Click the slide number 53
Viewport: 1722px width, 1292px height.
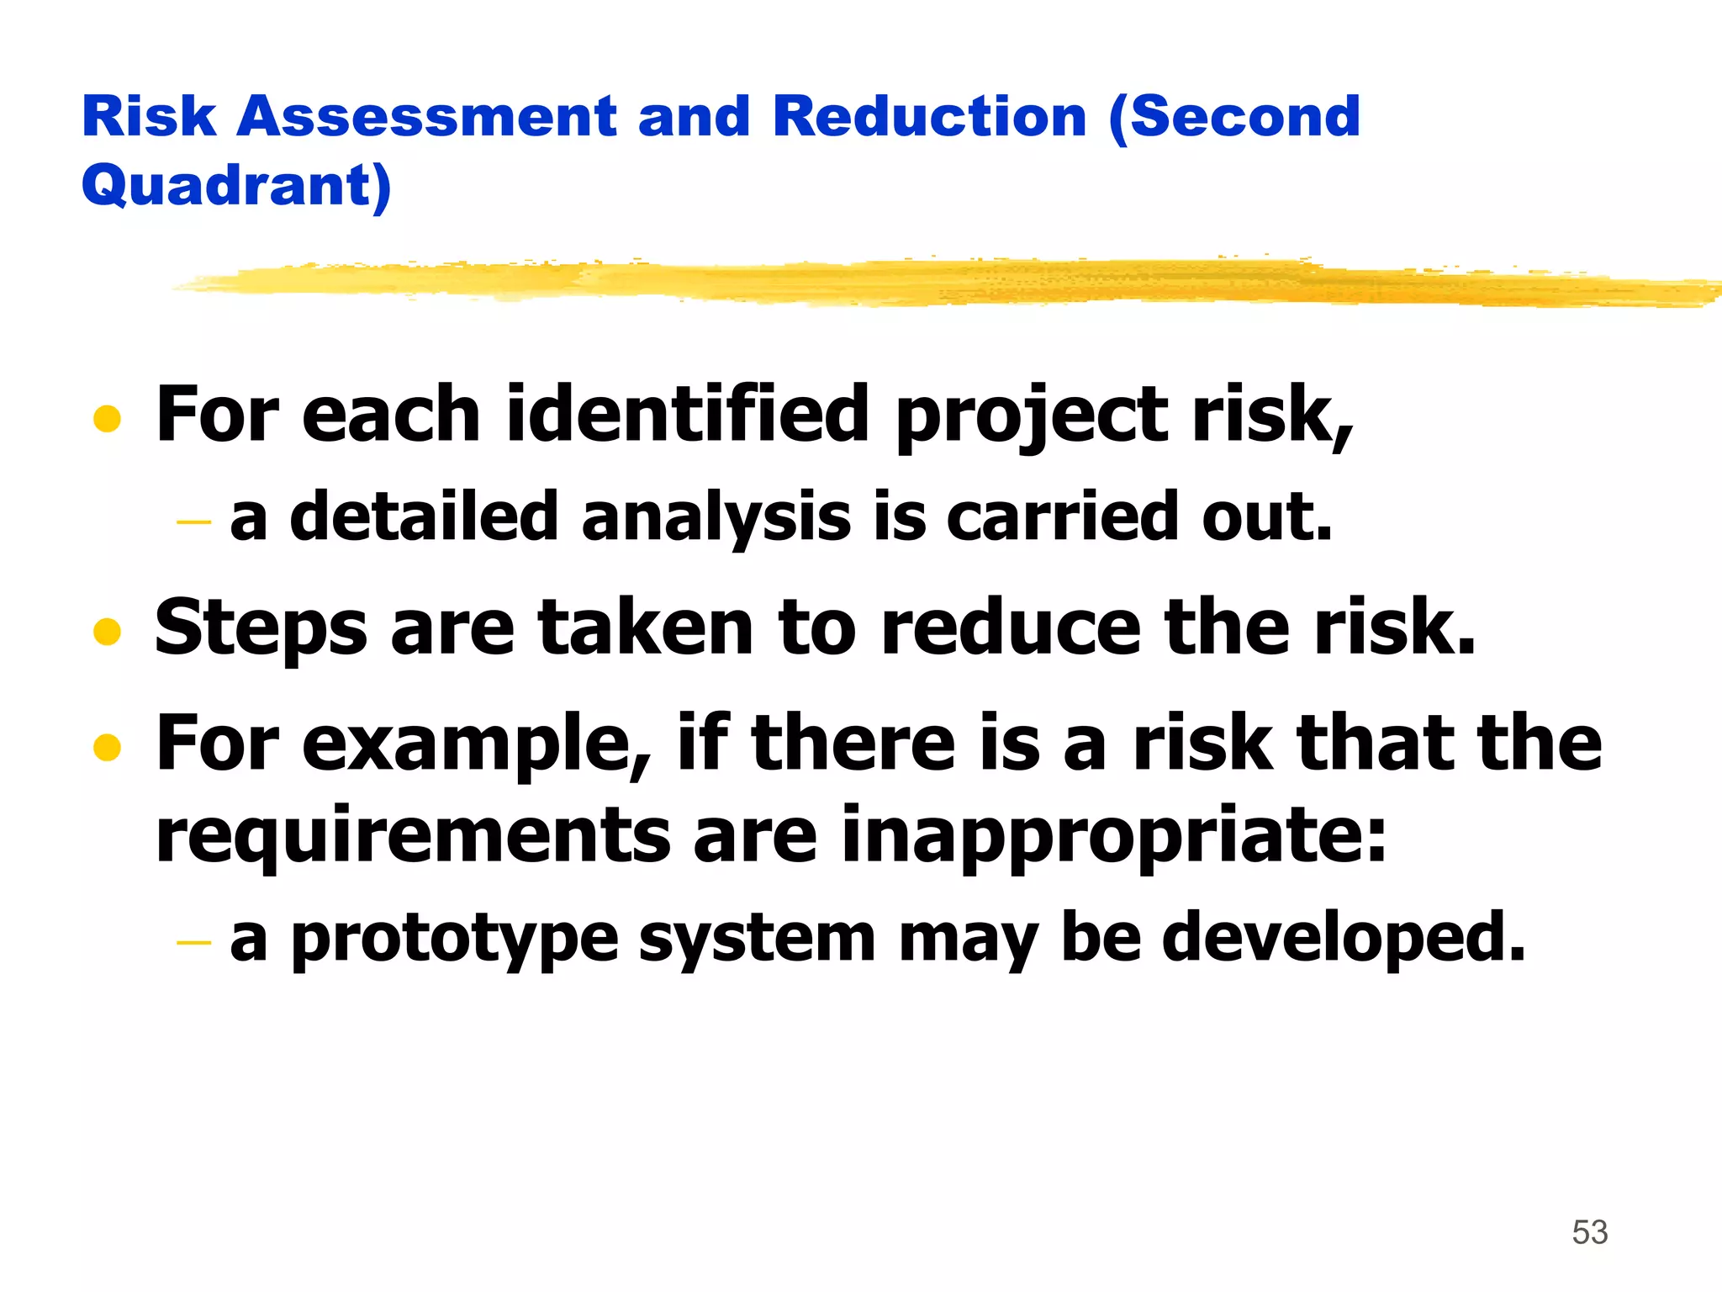tap(1589, 1232)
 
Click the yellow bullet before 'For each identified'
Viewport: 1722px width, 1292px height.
tap(107, 419)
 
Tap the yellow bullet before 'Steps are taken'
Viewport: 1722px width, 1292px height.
tap(107, 631)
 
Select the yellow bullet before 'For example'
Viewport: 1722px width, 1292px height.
tap(107, 746)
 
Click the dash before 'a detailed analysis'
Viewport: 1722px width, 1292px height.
tap(193, 522)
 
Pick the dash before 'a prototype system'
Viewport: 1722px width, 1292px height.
tap(193, 942)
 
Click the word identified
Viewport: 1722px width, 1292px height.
tap(687, 414)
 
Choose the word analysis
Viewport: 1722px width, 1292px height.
tap(716, 517)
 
